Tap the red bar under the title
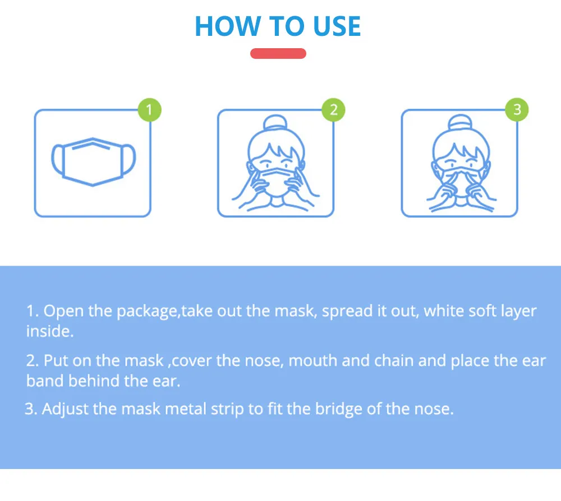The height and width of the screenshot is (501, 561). click(x=278, y=54)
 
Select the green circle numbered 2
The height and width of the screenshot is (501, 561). click(x=333, y=109)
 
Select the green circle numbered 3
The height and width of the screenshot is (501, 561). click(x=517, y=109)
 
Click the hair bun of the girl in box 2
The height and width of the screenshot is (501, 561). click(x=275, y=125)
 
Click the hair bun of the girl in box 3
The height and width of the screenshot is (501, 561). click(x=459, y=125)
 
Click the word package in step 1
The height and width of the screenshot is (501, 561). click(x=147, y=312)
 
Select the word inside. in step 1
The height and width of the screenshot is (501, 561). click(x=50, y=331)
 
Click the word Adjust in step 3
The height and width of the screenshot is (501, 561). click(x=66, y=409)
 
